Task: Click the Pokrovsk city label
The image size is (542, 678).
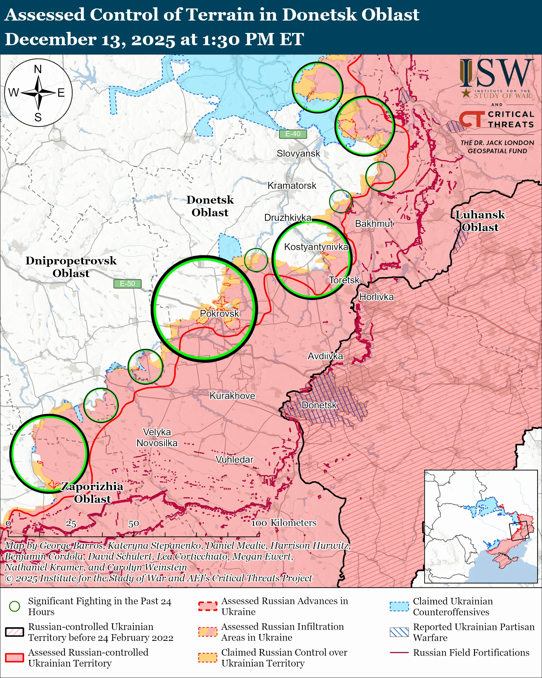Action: click(219, 314)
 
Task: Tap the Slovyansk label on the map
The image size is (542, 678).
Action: click(298, 153)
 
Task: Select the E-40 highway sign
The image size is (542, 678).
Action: click(293, 134)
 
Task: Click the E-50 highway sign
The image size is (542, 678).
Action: click(127, 284)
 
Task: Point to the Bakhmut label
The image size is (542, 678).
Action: click(374, 224)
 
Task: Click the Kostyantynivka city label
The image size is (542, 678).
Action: click(316, 247)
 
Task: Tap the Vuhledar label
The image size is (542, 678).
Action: click(234, 460)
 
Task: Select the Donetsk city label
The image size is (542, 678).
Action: click(319, 405)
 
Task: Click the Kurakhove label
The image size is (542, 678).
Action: click(232, 395)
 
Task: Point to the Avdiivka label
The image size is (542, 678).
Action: click(325, 356)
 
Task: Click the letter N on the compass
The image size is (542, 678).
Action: click(38, 69)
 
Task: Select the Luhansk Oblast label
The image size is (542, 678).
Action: click(480, 221)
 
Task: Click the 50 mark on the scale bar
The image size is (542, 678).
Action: click(133, 524)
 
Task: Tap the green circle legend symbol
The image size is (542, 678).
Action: click(15, 606)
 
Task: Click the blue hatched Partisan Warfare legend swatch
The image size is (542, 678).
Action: click(399, 632)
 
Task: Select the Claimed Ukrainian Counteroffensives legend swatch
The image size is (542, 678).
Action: click(399, 606)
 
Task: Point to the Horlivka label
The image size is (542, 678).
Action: click(376, 297)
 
